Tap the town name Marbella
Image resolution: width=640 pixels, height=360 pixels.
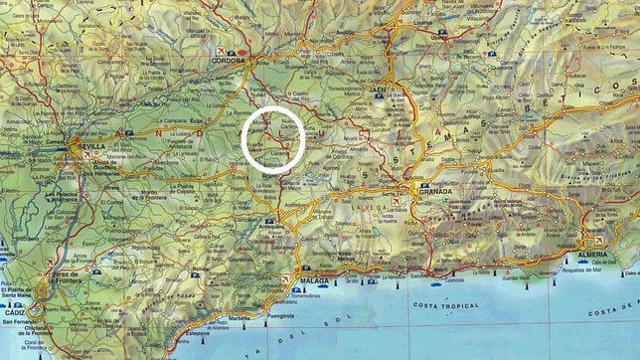click(241, 319)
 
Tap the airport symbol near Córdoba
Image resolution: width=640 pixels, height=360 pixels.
click(220, 50)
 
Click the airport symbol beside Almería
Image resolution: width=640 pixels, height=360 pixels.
click(598, 241)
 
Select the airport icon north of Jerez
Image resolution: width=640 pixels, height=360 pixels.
click(50, 262)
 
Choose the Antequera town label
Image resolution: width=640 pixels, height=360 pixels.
click(272, 232)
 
